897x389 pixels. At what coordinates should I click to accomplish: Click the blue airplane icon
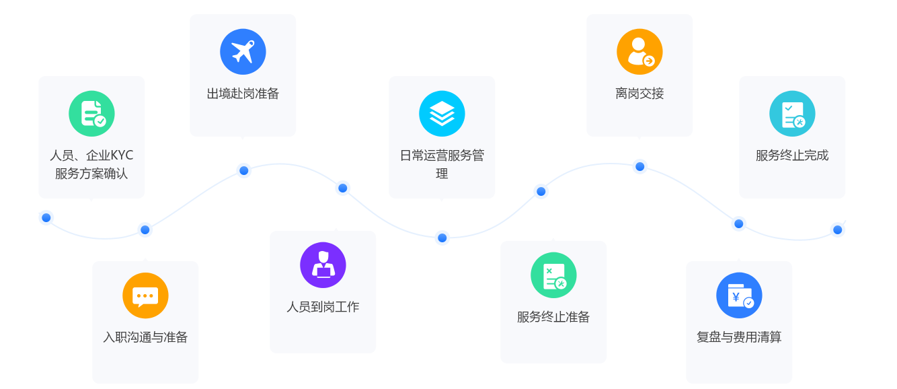(243, 52)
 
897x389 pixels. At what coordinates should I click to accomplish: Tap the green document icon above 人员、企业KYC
(91, 113)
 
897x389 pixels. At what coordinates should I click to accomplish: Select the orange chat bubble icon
(145, 295)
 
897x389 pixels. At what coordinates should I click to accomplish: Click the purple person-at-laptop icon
(323, 264)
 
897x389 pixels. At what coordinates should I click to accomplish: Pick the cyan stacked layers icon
(442, 113)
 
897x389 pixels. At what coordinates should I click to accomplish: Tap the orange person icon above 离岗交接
(639, 52)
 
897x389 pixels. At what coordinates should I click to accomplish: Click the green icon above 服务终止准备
(553, 275)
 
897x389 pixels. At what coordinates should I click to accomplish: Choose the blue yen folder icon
(739, 295)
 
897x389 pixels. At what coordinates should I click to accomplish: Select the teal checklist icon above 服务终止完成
(792, 113)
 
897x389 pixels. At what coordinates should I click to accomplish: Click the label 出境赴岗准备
(243, 94)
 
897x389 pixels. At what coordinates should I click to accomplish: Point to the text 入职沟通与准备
(145, 337)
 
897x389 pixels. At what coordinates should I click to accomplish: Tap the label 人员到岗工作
(323, 307)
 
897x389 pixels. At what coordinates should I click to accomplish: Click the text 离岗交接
(639, 94)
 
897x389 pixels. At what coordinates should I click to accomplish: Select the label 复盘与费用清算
(739, 337)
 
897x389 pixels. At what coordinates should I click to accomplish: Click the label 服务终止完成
(792, 155)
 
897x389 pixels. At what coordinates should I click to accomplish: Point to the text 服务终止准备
(553, 317)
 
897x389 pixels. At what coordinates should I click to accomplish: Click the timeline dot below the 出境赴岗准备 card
(244, 171)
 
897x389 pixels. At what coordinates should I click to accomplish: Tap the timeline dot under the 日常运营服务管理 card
(442, 238)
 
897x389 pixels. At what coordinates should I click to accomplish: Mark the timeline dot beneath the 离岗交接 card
(640, 167)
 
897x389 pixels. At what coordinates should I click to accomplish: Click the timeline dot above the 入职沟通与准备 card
(145, 230)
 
